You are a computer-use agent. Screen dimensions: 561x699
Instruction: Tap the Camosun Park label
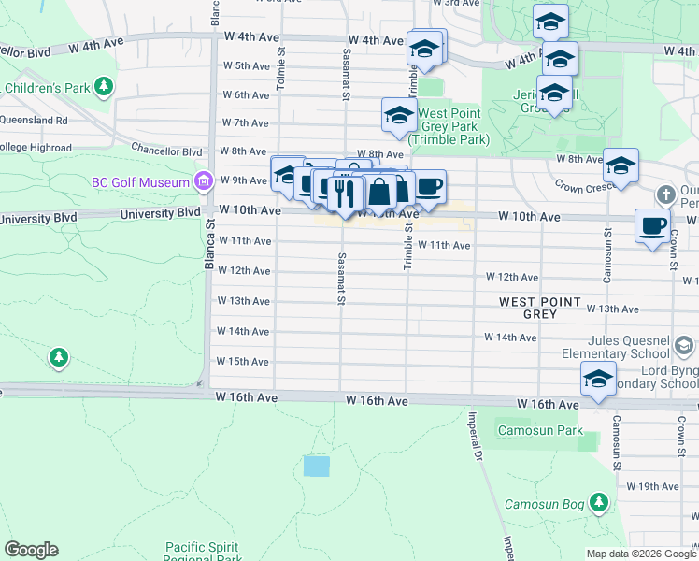[540, 431]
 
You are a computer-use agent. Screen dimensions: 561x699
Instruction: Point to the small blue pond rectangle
[317, 466]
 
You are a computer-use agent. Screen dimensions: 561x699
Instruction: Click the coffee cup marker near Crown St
[652, 225]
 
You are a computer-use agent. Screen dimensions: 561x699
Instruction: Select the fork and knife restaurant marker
[348, 194]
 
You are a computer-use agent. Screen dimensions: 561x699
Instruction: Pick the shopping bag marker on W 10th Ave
[380, 192]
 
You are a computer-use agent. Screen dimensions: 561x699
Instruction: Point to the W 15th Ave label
[243, 362]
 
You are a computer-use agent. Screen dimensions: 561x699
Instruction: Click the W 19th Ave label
[652, 486]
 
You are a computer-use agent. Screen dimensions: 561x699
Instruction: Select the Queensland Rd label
[35, 121]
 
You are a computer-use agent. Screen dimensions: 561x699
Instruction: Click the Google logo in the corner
[31, 550]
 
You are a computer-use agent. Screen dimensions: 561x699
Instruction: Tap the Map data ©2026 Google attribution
[641, 554]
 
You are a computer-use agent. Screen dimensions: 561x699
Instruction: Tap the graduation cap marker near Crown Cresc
[621, 165]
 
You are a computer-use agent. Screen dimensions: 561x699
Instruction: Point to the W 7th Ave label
[246, 123]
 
